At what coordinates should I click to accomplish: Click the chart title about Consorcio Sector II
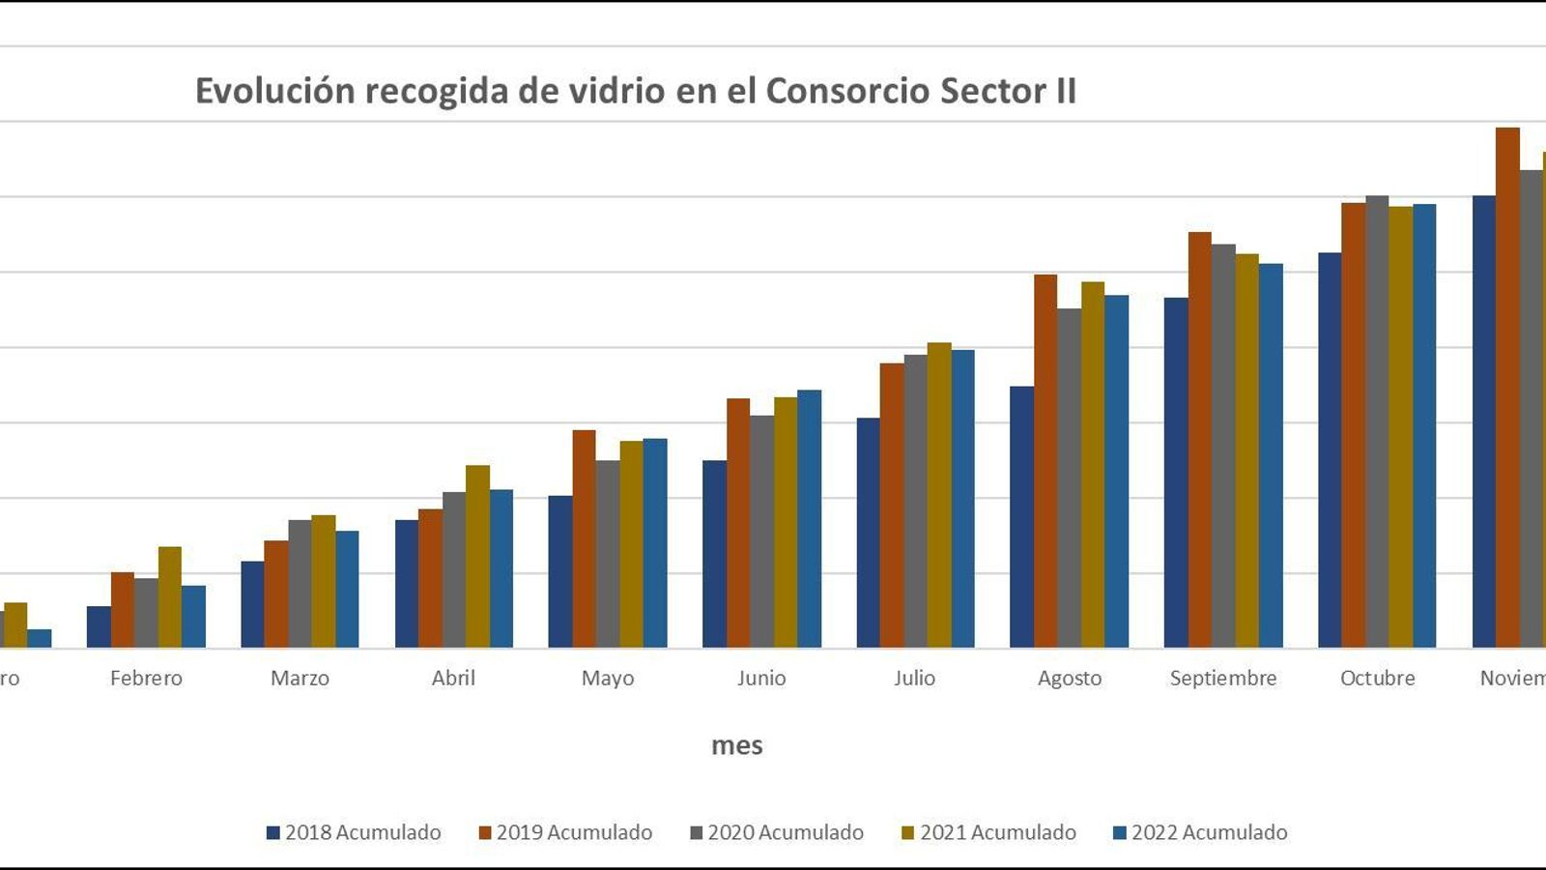pos(635,91)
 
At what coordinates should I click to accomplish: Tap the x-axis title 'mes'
pos(736,745)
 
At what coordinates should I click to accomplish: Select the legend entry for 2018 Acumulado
pos(354,832)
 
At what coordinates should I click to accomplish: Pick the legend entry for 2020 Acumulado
pos(777,832)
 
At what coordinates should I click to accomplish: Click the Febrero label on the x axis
pos(146,678)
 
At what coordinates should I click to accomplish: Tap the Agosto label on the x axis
pos(1070,678)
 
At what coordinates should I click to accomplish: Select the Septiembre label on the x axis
pos(1223,678)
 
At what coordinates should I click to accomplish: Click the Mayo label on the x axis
pos(608,678)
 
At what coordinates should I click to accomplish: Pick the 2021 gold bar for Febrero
pos(170,597)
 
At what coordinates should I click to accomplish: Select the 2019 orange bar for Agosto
pos(1045,461)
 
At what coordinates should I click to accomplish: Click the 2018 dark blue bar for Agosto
pos(1021,517)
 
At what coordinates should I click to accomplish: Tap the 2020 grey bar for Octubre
pos(1377,421)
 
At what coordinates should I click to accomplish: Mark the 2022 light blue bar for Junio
pos(809,519)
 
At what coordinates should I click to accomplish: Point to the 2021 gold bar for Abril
pos(477,557)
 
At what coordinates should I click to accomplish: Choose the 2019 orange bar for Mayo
pos(584,538)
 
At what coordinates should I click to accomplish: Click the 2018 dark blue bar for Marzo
pos(252,604)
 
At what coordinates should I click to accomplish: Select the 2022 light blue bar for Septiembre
pos(1271,455)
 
